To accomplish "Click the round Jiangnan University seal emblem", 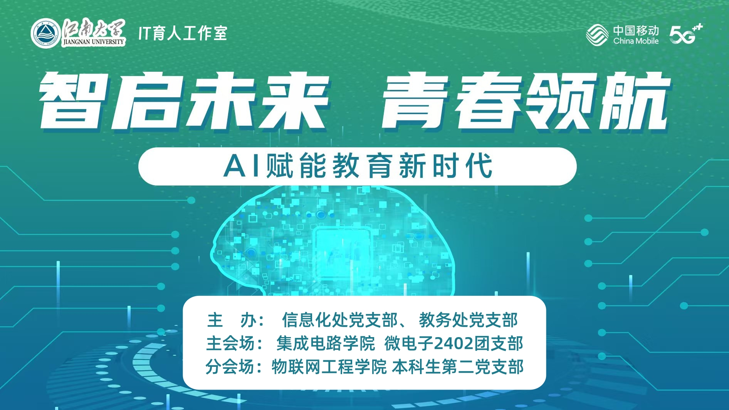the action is click(45, 34).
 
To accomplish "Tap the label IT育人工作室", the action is click(183, 33).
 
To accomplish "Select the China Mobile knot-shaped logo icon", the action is click(597, 35).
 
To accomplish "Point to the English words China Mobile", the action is click(636, 41).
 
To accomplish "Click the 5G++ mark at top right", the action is click(686, 34).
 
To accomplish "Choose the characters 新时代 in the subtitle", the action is click(445, 166).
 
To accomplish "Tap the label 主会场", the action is click(230, 343).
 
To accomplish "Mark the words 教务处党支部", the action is click(468, 320).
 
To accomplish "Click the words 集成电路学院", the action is click(326, 343).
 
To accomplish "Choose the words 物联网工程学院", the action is click(329, 366).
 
